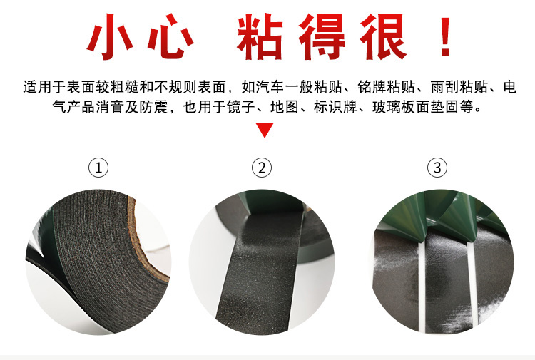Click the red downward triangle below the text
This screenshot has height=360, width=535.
pos(265,130)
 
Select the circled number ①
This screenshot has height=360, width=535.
pos(98,168)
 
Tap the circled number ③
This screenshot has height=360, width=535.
pos(437,168)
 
